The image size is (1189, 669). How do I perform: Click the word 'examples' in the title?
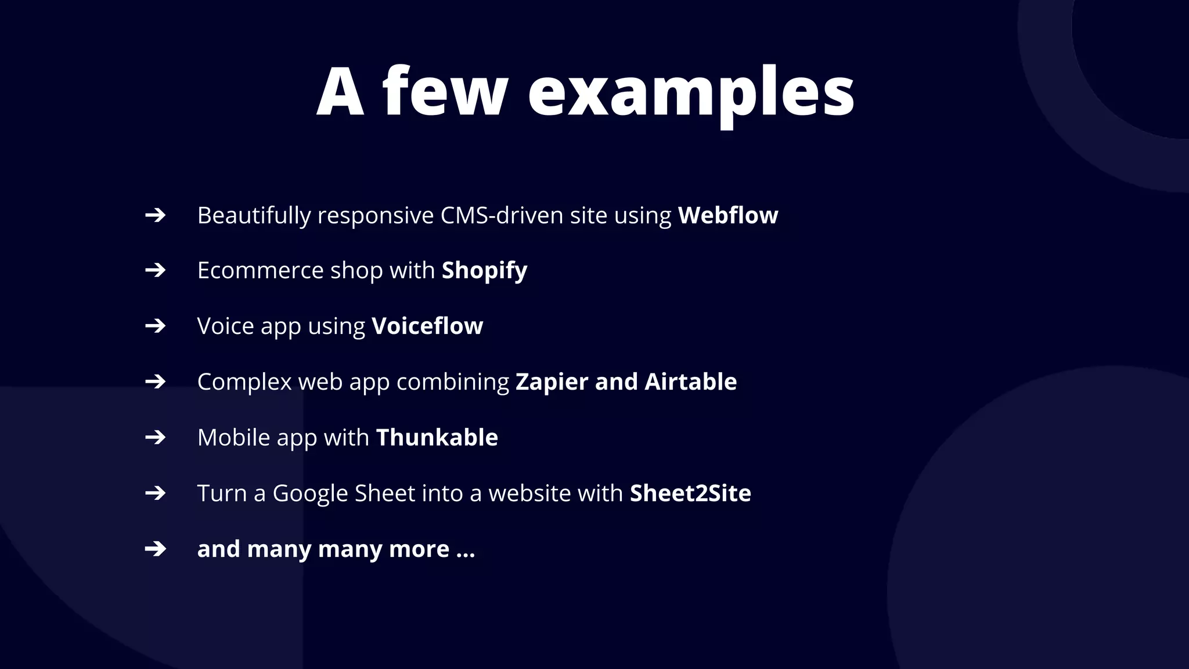point(691,93)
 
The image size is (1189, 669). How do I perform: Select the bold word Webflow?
point(728,215)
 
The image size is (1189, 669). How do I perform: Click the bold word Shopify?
point(484,271)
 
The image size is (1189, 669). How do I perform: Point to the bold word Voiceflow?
point(427,326)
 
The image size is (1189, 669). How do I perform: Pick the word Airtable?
point(690,382)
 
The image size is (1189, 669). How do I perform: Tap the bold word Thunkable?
point(437,437)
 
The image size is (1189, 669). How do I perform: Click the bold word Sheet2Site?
point(690,493)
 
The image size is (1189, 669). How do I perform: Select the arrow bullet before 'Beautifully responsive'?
point(155,215)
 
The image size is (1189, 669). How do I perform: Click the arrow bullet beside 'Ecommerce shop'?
point(155,270)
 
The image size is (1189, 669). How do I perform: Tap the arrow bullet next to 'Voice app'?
point(155,326)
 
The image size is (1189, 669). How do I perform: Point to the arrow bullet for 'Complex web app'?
point(155,382)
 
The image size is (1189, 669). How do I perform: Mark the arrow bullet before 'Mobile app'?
point(155,437)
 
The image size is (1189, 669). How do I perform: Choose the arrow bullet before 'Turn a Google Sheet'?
point(155,493)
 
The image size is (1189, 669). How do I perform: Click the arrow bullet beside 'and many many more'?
point(155,549)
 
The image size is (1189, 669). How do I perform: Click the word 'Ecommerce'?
point(260,271)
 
